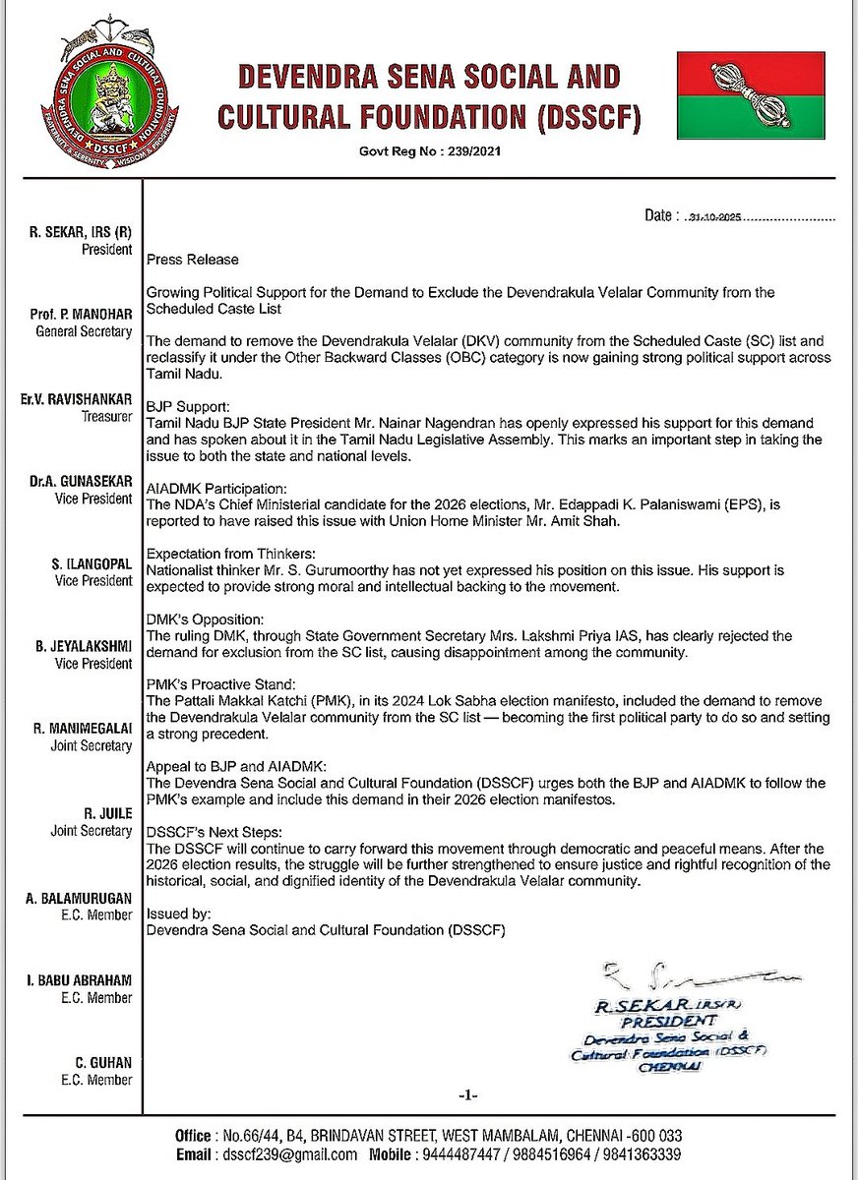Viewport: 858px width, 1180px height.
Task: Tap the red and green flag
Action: click(x=750, y=95)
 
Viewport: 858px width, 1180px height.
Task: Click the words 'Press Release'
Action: click(x=192, y=261)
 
